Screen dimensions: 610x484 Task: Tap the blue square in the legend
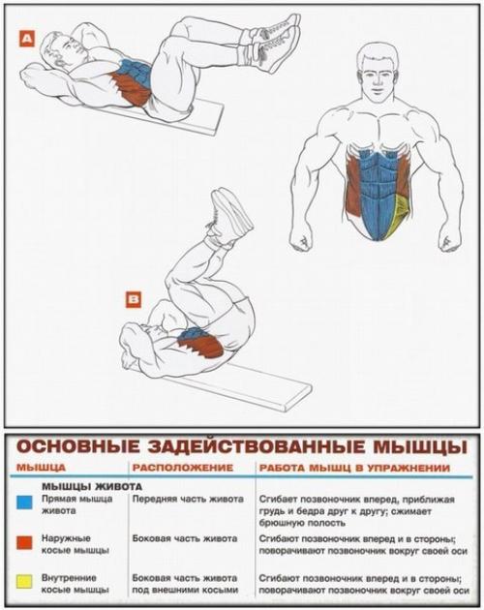(22, 502)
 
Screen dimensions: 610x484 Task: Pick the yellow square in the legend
(22, 582)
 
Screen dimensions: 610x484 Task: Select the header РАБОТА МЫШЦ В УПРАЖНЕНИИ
(352, 468)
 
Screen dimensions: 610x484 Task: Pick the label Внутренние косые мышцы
(75, 583)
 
